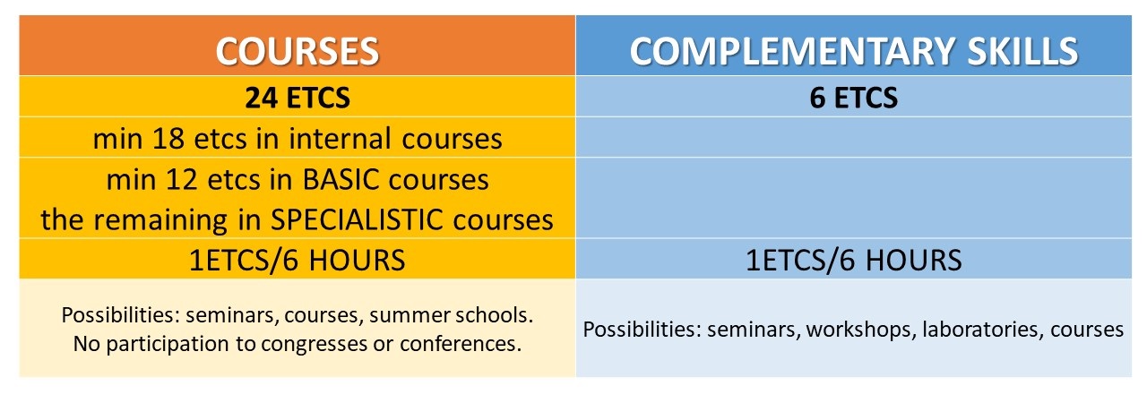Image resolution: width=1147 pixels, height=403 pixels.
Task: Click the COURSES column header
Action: pyautogui.click(x=297, y=51)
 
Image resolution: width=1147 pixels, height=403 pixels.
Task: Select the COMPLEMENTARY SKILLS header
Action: pyautogui.click(x=854, y=51)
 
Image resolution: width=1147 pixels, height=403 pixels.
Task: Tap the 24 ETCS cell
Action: pyautogui.click(x=297, y=98)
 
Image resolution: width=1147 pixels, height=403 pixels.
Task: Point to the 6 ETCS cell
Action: pyautogui.click(x=854, y=98)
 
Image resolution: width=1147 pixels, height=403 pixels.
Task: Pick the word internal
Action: pyautogui.click(x=338, y=139)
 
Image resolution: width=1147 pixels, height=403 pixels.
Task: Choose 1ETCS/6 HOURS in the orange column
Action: pyautogui.click(x=297, y=260)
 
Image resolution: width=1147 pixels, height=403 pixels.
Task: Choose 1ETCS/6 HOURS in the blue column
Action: pyautogui.click(x=854, y=260)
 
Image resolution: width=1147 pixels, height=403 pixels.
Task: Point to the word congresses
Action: pyautogui.click(x=314, y=344)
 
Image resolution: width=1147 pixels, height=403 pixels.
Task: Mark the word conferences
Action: pyautogui.click(x=461, y=344)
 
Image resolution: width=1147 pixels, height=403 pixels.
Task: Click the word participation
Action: pyautogui.click(x=167, y=344)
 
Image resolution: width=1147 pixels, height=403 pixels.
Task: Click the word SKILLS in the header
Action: pyautogui.click(x=1022, y=51)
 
